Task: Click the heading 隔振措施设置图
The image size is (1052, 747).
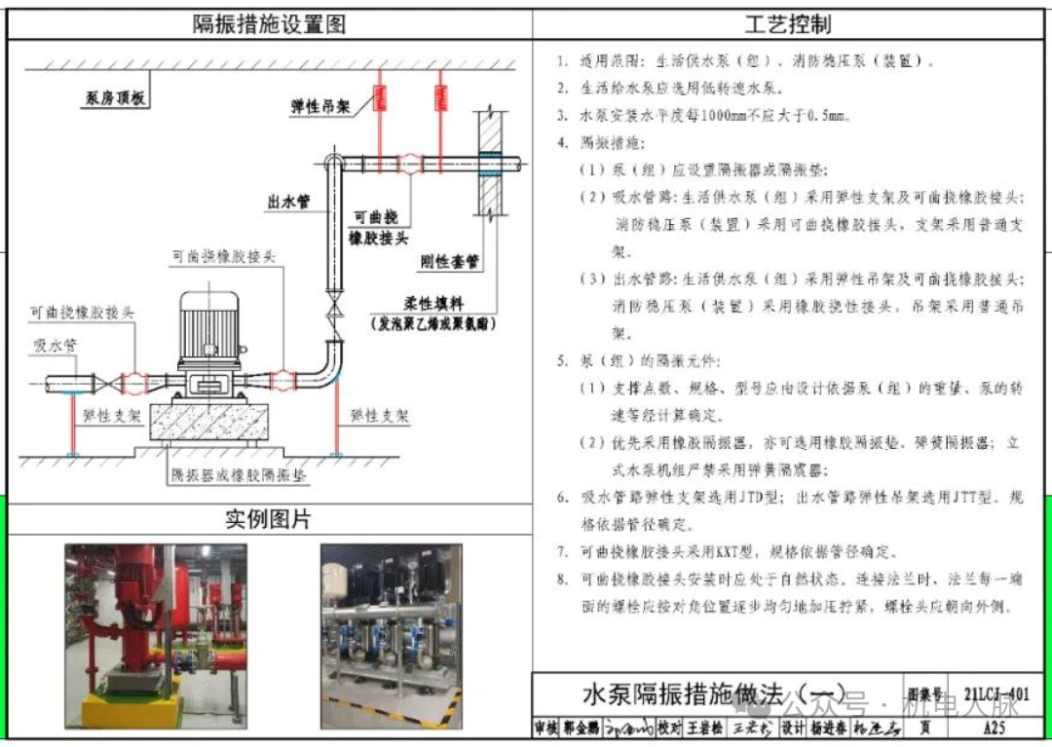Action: (x=269, y=23)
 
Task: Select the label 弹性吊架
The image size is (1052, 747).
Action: (x=320, y=106)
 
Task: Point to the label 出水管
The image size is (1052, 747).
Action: (x=288, y=202)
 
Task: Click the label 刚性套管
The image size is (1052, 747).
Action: (x=449, y=261)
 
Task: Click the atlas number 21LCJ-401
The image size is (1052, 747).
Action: (x=996, y=694)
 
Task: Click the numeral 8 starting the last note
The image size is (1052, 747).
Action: (x=562, y=579)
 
